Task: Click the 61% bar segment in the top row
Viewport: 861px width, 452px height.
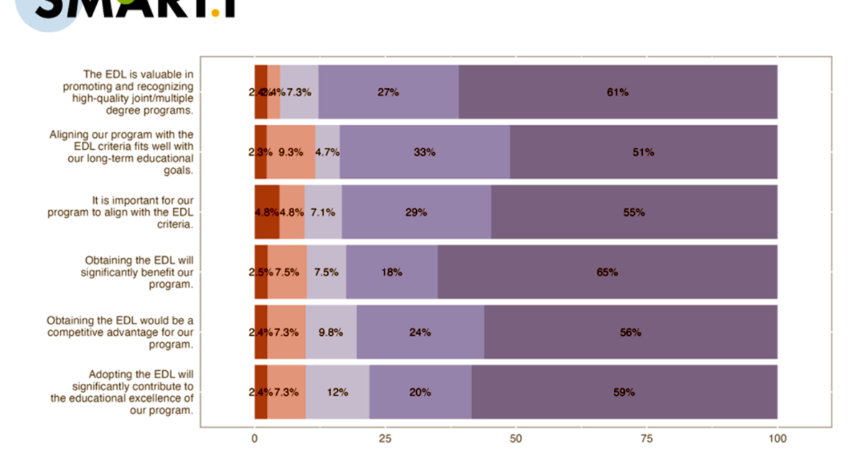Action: point(618,92)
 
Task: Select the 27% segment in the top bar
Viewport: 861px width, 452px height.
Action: point(388,92)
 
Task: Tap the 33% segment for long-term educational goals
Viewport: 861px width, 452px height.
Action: point(425,152)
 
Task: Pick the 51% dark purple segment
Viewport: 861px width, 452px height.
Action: point(643,152)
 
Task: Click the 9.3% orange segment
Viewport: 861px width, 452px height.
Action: point(291,152)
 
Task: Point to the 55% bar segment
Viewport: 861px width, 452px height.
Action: point(634,212)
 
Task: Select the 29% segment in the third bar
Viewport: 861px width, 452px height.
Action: point(416,212)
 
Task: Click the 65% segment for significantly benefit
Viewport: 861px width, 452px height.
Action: point(607,273)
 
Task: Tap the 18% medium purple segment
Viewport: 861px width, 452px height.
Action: point(392,273)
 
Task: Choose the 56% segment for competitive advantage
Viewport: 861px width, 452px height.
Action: point(631,332)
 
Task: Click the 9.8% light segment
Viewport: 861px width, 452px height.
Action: point(331,332)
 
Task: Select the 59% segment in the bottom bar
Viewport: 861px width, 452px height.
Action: point(624,392)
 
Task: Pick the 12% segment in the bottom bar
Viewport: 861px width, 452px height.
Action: point(337,392)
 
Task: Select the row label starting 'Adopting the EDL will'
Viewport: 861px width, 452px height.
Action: point(122,392)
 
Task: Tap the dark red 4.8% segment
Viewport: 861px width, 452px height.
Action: point(266,212)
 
